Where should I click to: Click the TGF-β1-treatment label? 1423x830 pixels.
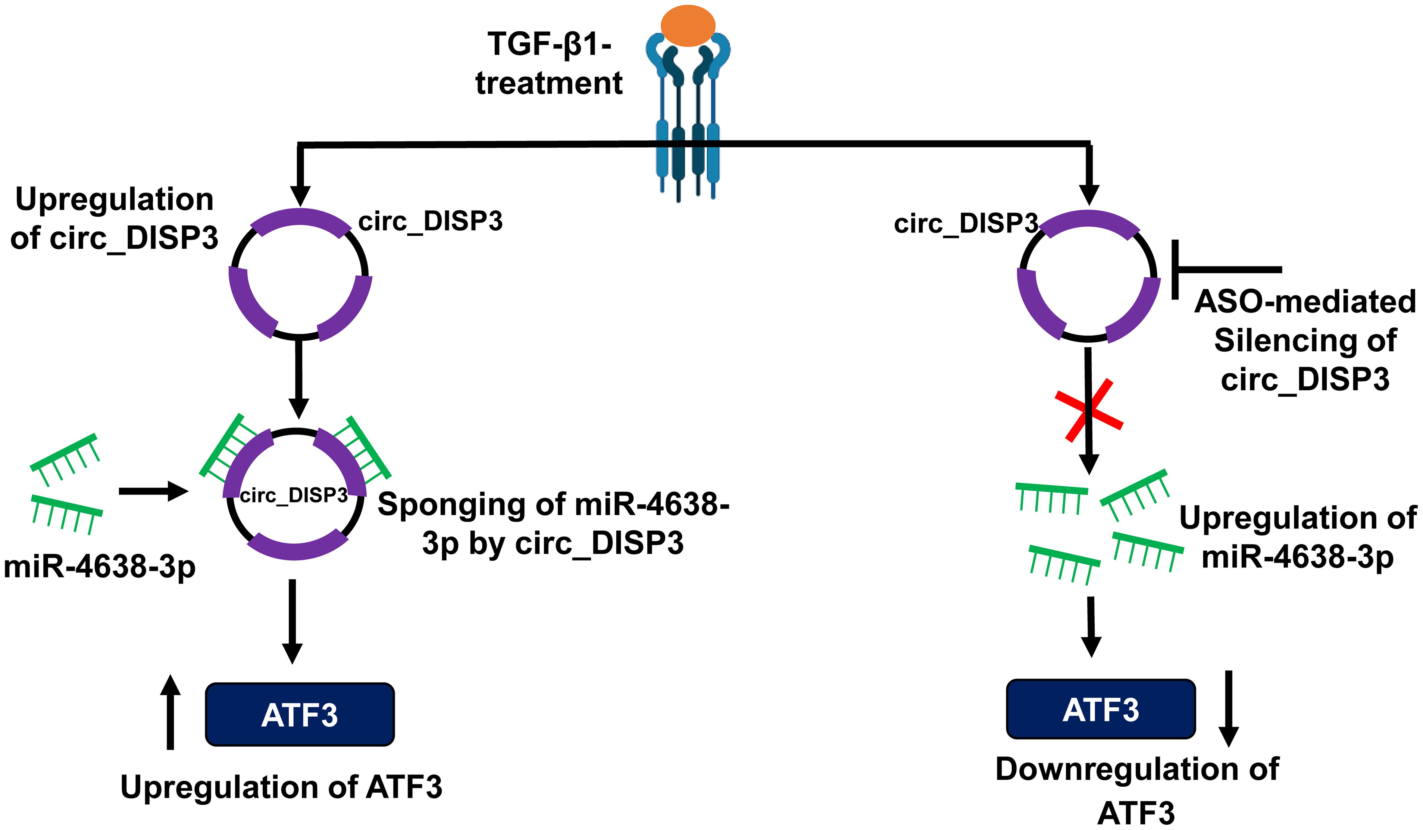[549, 63]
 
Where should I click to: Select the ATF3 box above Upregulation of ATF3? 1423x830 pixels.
[300, 715]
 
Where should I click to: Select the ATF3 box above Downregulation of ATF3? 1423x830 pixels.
[1101, 709]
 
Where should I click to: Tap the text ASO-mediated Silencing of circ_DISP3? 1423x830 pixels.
[1304, 340]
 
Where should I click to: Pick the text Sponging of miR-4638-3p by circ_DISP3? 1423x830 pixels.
[553, 523]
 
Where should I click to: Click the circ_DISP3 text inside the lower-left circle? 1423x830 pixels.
[294, 495]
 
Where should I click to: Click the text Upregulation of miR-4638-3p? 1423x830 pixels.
[1298, 537]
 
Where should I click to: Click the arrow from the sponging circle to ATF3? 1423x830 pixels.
[292, 621]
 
